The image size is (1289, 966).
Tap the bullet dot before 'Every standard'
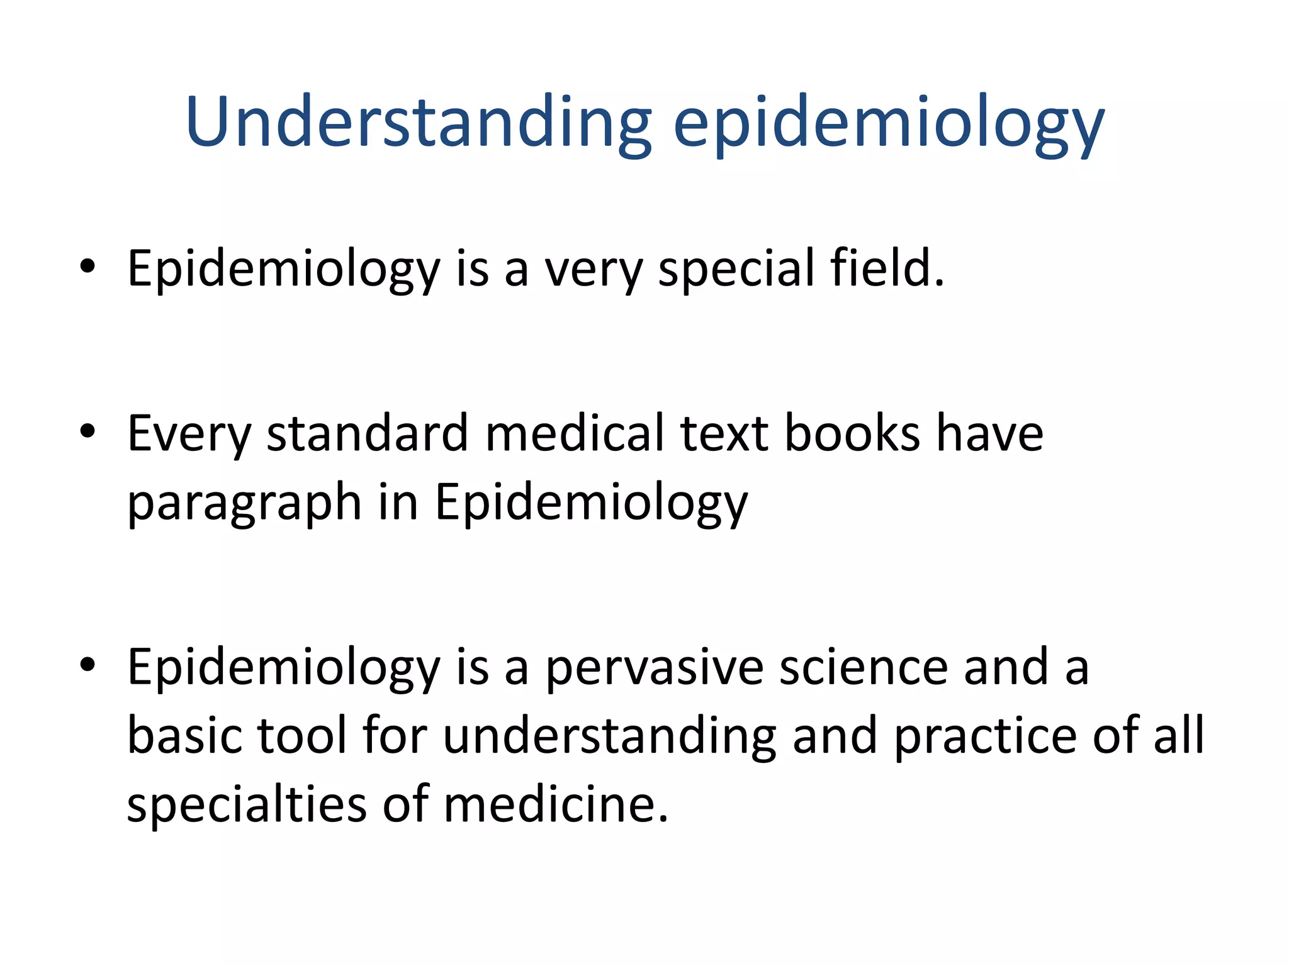(x=87, y=431)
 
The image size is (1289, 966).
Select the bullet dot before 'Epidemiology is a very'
(x=87, y=266)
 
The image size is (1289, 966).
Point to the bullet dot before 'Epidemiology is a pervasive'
(x=87, y=665)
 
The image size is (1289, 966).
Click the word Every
(x=189, y=434)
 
